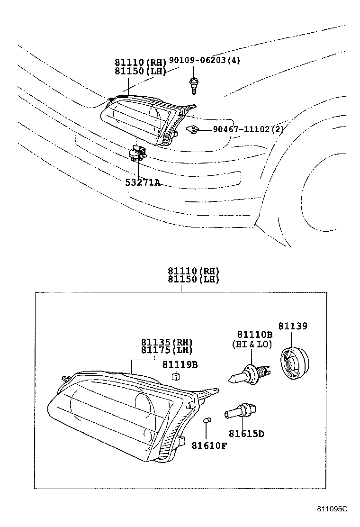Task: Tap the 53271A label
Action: tap(143, 182)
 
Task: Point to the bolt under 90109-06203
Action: tap(193, 85)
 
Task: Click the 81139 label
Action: tap(292, 326)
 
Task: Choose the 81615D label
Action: tap(246, 433)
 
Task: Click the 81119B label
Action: tap(180, 364)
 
